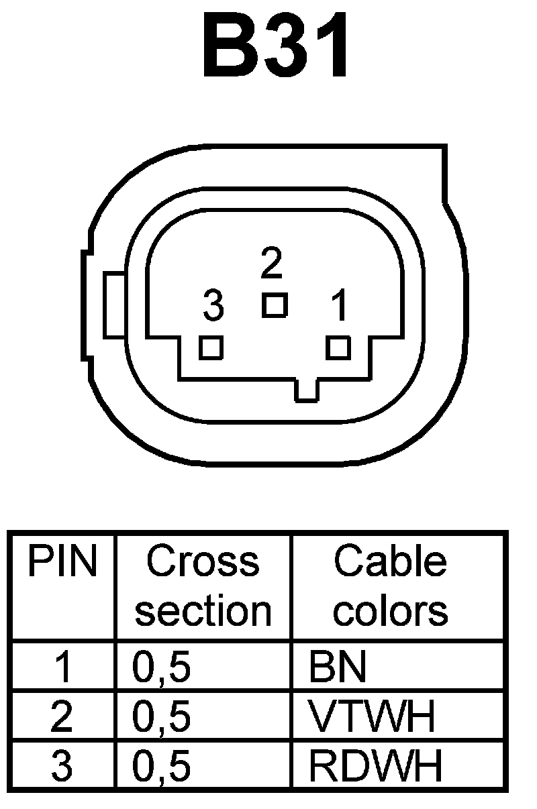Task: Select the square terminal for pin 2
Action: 275,305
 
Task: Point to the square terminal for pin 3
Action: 211,347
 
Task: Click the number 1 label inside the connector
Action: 340,307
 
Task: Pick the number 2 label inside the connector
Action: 271,265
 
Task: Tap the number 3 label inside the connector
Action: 213,307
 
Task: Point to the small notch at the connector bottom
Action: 307,391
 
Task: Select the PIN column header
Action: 62,562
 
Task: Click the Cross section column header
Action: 203,586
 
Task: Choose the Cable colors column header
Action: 391,586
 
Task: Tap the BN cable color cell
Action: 338,667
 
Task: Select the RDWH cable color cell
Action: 375,765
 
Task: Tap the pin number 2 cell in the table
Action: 62,716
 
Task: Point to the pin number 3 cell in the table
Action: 62,765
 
